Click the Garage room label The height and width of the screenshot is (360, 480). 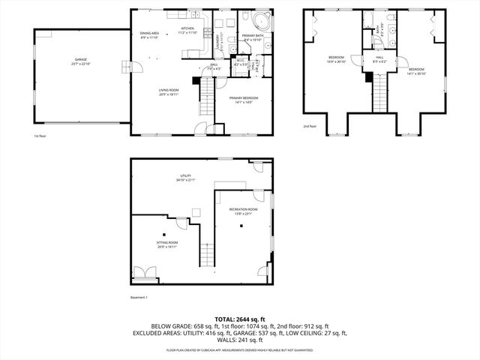coord(81,61)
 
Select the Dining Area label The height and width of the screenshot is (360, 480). coord(149,34)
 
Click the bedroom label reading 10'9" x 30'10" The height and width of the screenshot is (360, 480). coord(336,60)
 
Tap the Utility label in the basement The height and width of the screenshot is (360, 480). coord(184,177)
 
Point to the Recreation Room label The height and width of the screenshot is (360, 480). coord(244,211)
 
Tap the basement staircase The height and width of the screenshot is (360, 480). coord(208,255)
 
